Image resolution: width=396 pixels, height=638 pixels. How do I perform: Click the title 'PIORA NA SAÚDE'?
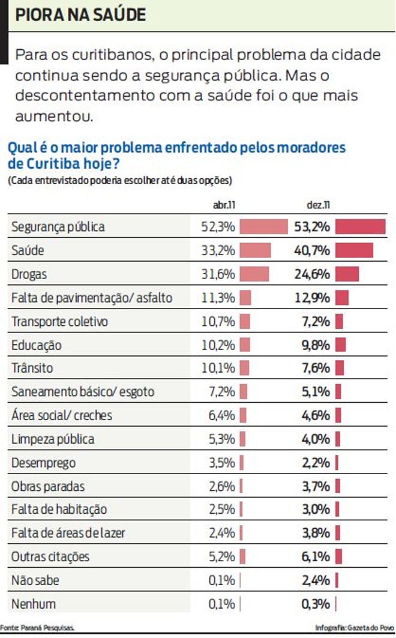coord(80,15)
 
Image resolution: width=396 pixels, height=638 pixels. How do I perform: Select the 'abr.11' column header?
coord(224,205)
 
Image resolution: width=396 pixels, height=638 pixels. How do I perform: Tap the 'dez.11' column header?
coord(318,205)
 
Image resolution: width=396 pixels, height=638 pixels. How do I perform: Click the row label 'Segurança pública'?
coord(58,227)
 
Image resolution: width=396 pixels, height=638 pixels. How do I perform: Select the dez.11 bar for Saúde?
coord(354,250)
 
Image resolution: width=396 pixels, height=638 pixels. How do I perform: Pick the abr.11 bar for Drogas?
coord(254,274)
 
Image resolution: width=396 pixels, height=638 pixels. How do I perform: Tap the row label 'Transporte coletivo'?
coord(60,321)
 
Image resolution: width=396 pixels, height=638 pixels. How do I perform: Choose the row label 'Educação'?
coord(37,345)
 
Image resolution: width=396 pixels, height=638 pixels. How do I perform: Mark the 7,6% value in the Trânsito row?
coord(317,369)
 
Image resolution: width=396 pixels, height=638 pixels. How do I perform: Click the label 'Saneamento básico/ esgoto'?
coord(83,392)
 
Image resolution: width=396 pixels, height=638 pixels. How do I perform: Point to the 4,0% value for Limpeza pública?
coord(317,439)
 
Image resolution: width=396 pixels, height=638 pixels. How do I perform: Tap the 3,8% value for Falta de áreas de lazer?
coord(317,533)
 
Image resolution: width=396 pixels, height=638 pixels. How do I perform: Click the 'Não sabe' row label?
coord(35,580)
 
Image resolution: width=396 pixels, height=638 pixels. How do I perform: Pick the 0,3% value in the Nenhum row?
coord(317,604)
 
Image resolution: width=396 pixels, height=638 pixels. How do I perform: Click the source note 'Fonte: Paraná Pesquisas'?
coord(37,628)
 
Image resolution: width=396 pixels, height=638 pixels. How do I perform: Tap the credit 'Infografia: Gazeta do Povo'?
coord(355,628)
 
